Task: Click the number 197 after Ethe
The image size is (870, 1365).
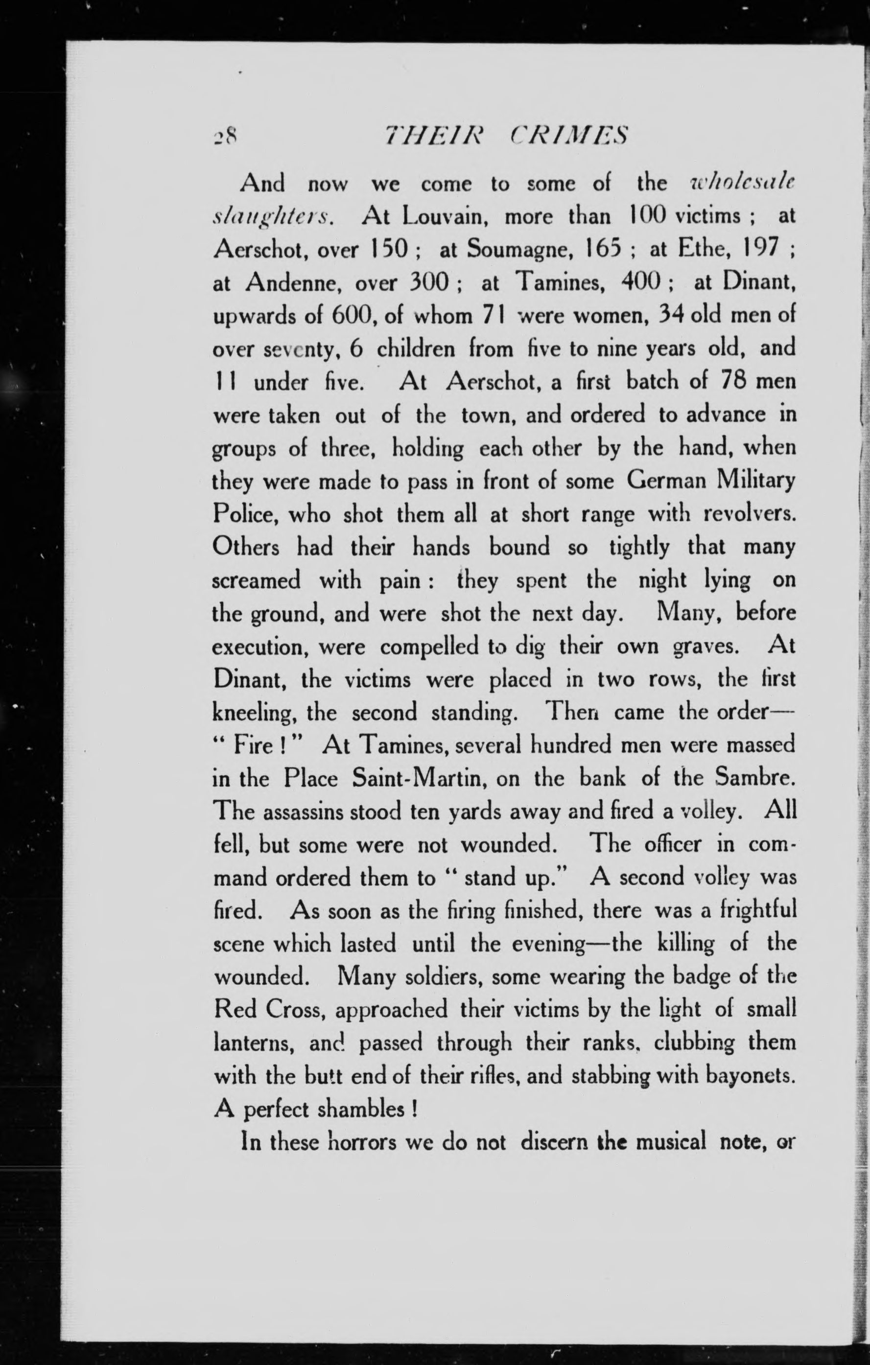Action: (x=750, y=250)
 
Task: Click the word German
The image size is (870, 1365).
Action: (x=667, y=481)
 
